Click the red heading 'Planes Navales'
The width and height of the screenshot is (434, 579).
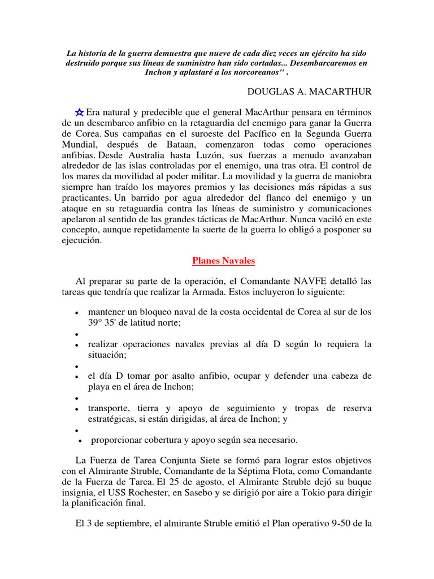[x=224, y=261]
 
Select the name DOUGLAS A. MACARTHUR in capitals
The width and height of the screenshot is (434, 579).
[x=310, y=91]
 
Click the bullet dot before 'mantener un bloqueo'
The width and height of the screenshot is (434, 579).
[x=76, y=313]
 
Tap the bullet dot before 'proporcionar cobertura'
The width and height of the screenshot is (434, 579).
[x=81, y=440]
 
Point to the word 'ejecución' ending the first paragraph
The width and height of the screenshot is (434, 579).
[x=83, y=240]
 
